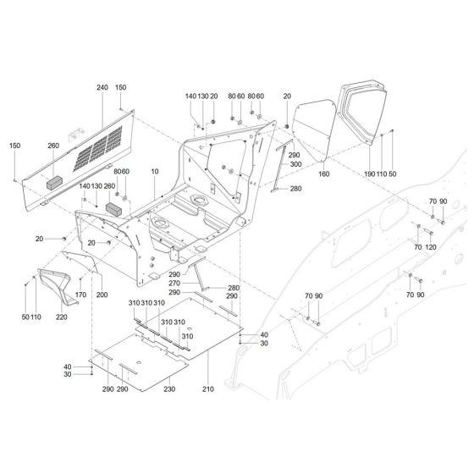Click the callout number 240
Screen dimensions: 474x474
(102, 87)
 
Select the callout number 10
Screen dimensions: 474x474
(154, 172)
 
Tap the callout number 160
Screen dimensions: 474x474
(322, 175)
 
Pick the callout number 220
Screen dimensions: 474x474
(61, 317)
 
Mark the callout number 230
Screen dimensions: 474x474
(168, 389)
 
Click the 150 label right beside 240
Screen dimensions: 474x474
(121, 87)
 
